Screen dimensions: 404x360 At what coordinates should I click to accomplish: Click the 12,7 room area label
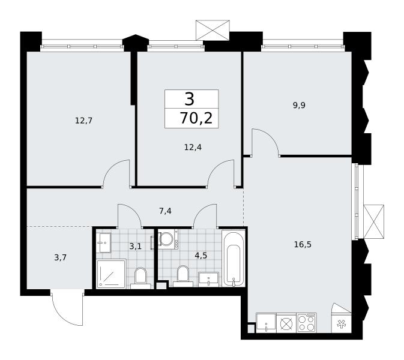[83, 121]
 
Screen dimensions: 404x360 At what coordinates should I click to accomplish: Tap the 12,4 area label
[193, 147]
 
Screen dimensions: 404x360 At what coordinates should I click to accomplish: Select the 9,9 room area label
[299, 106]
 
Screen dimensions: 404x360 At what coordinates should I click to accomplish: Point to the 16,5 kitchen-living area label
[303, 244]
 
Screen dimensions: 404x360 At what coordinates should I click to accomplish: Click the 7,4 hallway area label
[165, 211]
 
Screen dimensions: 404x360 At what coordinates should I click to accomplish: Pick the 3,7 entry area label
[61, 257]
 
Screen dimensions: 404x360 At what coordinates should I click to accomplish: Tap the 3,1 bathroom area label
[135, 247]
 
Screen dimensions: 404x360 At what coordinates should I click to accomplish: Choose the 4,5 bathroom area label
[201, 256]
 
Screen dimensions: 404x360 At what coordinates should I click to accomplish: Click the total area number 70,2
[196, 118]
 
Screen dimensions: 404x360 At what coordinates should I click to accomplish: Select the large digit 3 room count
[189, 100]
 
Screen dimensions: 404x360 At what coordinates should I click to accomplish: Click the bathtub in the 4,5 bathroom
[234, 258]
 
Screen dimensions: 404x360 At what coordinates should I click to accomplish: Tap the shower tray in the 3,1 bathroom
[111, 274]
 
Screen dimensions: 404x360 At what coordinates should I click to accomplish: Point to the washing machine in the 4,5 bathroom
[167, 239]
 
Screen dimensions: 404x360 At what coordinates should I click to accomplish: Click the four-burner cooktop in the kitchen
[307, 323]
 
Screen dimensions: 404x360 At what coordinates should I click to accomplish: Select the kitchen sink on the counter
[266, 323]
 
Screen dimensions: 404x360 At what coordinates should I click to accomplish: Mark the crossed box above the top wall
[213, 30]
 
